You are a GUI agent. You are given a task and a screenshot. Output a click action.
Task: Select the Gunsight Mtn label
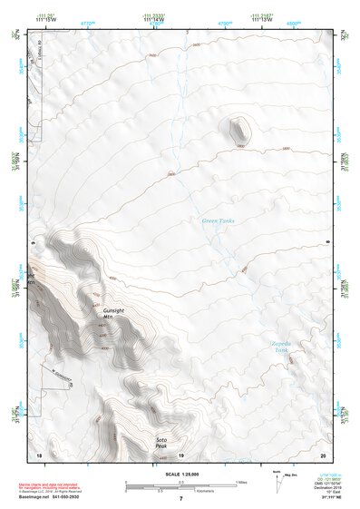tap(114, 313)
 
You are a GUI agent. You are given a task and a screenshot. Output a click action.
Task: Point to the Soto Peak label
tap(161, 443)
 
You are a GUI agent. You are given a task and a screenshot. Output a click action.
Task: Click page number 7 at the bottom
tap(180, 499)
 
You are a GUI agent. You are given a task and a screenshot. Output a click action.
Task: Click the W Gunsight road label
tap(61, 369)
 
